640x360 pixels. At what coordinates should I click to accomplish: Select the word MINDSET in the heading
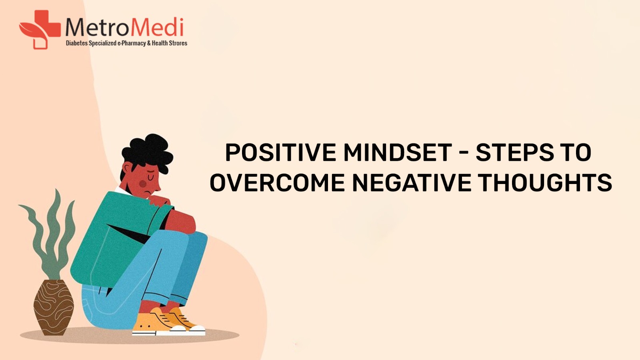397,153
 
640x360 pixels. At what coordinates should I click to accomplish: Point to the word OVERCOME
277,183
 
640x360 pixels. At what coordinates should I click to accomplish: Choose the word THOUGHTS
545,183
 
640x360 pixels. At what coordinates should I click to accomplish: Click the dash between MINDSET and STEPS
464,153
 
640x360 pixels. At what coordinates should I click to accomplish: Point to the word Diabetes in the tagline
76,43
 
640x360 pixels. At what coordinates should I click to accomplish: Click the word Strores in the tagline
178,43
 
